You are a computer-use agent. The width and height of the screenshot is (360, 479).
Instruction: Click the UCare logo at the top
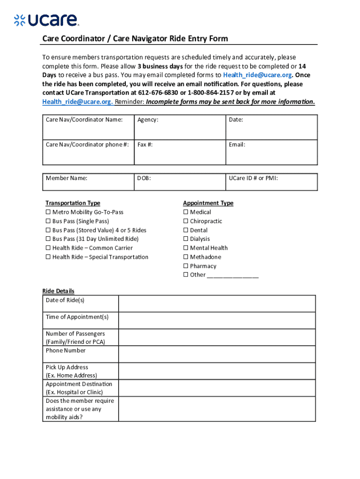click(x=46, y=20)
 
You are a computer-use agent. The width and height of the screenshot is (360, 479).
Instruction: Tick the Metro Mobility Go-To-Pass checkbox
click(x=48, y=212)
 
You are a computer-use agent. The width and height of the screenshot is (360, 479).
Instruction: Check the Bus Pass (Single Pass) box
click(x=48, y=221)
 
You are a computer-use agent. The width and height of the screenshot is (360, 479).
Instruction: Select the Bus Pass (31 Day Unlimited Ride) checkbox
click(x=48, y=239)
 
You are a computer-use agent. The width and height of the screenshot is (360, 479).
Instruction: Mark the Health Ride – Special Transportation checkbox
click(x=48, y=257)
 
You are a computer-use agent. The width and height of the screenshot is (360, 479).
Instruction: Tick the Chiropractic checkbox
click(x=186, y=221)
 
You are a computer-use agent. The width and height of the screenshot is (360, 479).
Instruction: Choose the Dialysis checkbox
click(x=186, y=239)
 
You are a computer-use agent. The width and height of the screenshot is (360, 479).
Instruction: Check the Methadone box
click(x=186, y=257)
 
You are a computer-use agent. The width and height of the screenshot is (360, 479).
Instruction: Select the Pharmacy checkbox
click(x=186, y=266)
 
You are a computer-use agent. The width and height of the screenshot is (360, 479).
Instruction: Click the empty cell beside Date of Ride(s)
click(x=217, y=304)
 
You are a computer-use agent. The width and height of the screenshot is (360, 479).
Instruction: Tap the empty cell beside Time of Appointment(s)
click(x=217, y=320)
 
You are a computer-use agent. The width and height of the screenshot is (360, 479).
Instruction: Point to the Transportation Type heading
click(x=72, y=203)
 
